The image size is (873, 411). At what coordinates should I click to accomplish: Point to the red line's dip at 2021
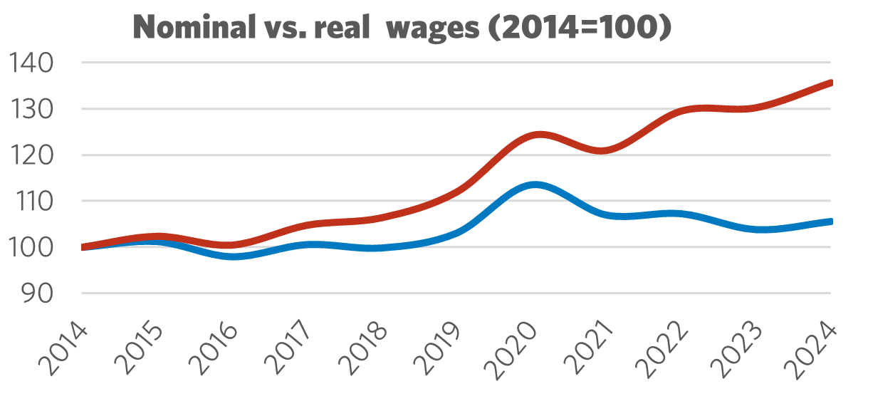click(x=602, y=150)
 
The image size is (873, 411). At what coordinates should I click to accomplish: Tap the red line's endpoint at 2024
click(x=830, y=83)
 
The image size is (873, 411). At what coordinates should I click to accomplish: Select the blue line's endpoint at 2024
click(x=830, y=222)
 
